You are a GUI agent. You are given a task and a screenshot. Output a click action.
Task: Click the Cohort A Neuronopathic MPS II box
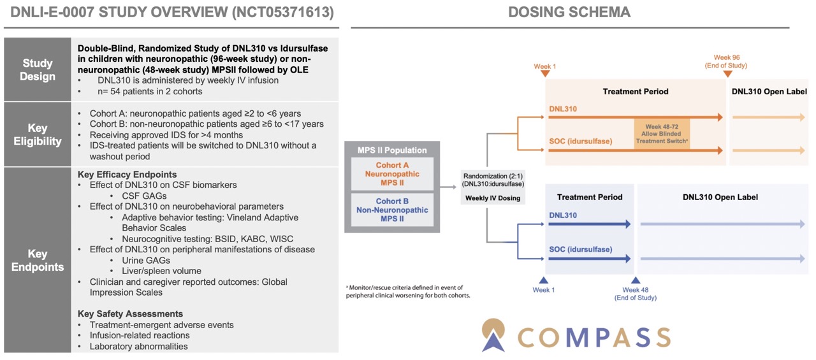pos(392,174)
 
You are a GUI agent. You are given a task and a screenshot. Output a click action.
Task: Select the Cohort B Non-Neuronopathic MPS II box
pos(392,210)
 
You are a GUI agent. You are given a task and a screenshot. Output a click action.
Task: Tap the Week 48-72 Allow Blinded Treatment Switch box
pos(662,134)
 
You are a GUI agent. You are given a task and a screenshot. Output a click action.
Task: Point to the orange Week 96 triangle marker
pos(727,74)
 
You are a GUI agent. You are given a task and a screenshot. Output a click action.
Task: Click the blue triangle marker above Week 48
pos(636,280)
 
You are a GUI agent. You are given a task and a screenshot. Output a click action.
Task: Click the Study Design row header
pos(38,69)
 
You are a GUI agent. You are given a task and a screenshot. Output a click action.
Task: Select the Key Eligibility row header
pos(38,134)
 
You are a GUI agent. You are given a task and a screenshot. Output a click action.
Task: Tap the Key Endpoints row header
pos(38,260)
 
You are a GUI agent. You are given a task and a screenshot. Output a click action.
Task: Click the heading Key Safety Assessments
pos(130,313)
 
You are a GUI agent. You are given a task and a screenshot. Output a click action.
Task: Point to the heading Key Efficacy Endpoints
pos(127,175)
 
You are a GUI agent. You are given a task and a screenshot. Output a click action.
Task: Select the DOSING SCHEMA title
pos(569,12)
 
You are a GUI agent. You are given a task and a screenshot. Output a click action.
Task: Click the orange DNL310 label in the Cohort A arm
pos(563,109)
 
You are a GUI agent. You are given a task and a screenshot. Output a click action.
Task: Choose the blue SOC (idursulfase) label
pos(581,249)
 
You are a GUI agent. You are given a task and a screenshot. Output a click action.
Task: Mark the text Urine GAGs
pos(146,260)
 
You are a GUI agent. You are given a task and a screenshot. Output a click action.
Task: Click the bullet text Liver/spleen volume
pos(161,271)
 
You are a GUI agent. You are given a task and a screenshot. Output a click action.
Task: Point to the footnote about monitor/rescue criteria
pos(408,291)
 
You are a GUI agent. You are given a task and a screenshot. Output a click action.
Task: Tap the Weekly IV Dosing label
pos(493,198)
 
